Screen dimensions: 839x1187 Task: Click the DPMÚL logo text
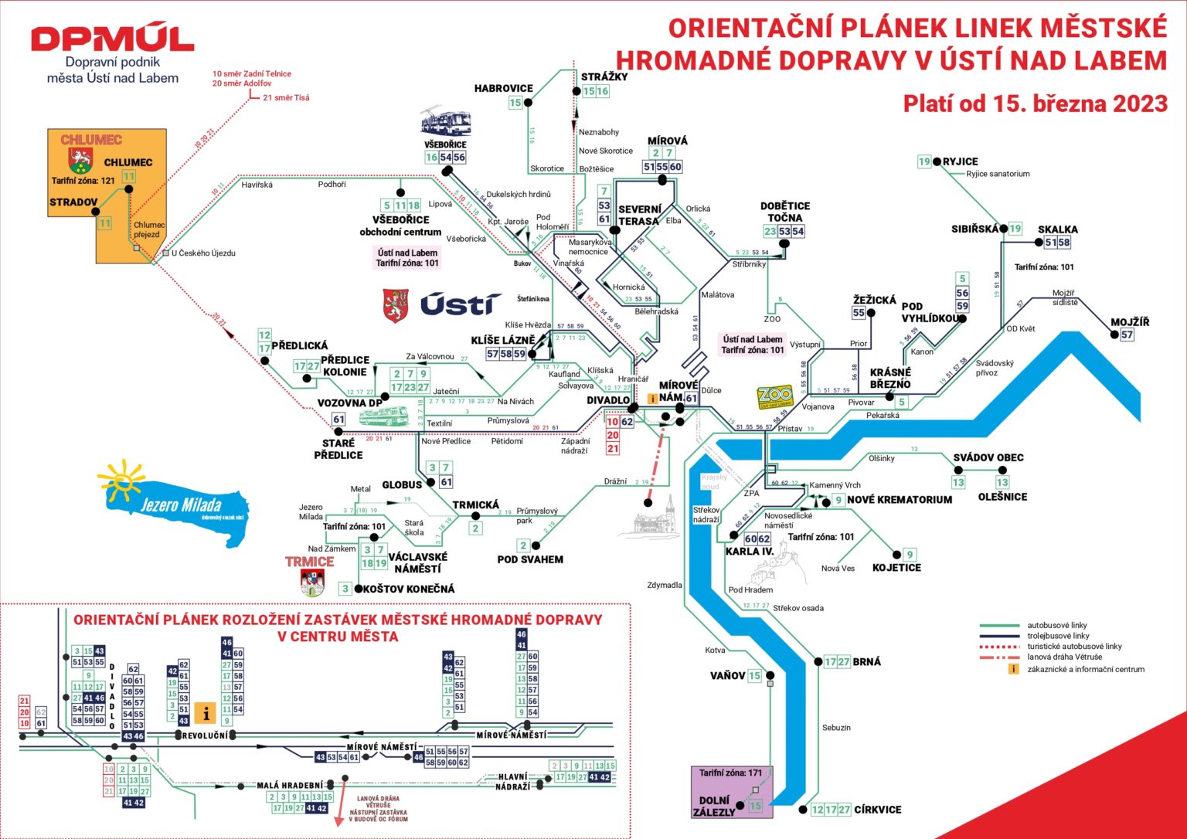(x=113, y=38)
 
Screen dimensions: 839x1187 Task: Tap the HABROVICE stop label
(x=503, y=89)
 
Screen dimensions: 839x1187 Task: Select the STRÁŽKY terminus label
(x=604, y=76)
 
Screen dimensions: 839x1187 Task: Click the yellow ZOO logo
(x=775, y=397)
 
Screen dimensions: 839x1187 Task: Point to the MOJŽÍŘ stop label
(x=1130, y=322)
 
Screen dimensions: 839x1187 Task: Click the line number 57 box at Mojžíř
(x=1127, y=335)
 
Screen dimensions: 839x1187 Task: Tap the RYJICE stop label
(x=960, y=161)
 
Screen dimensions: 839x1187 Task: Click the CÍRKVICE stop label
(x=877, y=810)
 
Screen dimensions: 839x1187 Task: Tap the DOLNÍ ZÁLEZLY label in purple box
(x=714, y=806)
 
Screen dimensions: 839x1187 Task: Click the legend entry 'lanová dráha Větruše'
(x=1064, y=657)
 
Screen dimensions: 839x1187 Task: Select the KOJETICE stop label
(x=896, y=568)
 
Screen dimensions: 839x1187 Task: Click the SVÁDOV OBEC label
(x=988, y=457)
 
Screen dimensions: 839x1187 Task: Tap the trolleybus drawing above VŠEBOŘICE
(x=446, y=123)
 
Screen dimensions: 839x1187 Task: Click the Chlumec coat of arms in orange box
(x=80, y=161)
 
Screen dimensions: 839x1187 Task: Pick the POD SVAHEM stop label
(x=530, y=559)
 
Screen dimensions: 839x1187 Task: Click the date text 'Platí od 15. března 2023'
(x=1035, y=104)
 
